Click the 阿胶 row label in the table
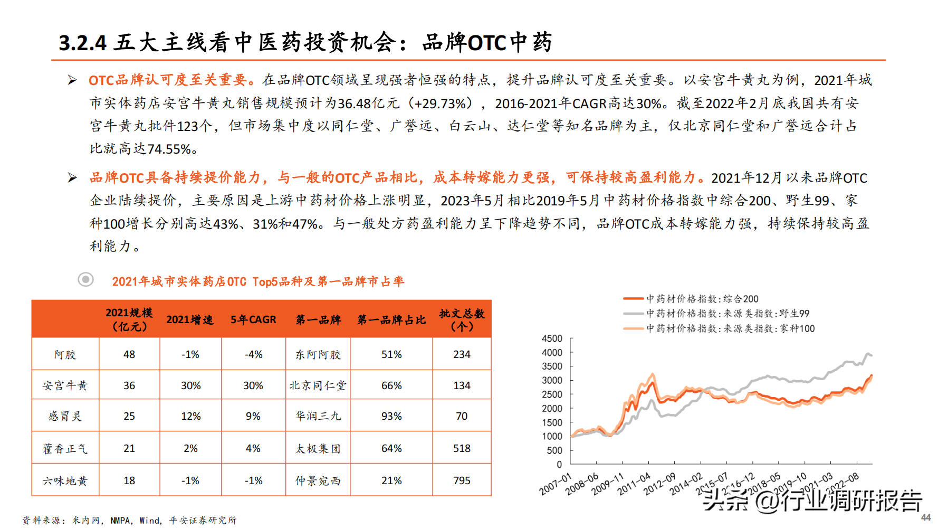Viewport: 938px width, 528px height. [x=65, y=354]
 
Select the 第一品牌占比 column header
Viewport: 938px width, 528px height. [x=391, y=319]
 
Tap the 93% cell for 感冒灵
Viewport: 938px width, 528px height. [x=391, y=416]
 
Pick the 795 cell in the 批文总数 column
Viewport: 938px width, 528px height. [x=462, y=480]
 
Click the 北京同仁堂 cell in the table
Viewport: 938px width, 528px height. [x=318, y=385]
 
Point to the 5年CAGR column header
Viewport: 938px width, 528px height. [x=253, y=319]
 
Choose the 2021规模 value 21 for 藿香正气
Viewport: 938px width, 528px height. [x=129, y=448]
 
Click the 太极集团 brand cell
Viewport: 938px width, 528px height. [x=318, y=448]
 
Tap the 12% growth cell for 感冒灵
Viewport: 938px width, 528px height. [x=190, y=416]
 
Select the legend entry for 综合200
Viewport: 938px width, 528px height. [x=702, y=299]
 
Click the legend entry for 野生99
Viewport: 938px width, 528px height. [x=728, y=314]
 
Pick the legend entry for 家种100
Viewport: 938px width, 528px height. [x=730, y=328]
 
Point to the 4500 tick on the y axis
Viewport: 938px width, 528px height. [x=552, y=338]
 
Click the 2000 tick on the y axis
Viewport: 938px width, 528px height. [x=552, y=408]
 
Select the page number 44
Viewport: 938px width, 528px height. [x=926, y=517]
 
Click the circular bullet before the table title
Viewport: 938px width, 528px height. [x=85, y=279]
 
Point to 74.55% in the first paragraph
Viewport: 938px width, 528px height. [x=169, y=149]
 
